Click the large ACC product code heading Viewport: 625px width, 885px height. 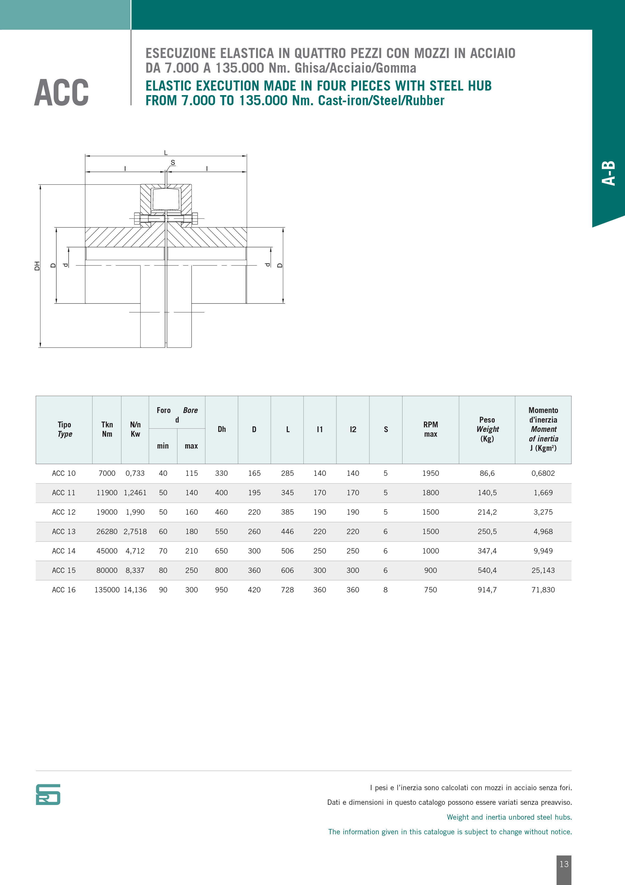point(61,93)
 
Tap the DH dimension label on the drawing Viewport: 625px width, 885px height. point(37,266)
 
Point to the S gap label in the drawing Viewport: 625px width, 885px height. point(173,163)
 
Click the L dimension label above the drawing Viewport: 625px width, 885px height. point(166,153)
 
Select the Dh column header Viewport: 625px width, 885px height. point(222,429)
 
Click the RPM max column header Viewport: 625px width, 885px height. point(430,429)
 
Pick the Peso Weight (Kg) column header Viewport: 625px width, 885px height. point(487,429)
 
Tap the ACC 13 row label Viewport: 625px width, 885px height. point(64,532)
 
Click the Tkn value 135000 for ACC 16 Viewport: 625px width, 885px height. point(107,590)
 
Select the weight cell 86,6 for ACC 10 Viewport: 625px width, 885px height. point(487,473)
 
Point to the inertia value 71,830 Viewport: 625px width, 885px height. point(543,590)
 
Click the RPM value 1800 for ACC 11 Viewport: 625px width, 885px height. point(430,493)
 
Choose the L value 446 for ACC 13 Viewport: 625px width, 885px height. point(287,532)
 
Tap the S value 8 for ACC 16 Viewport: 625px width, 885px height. point(386,590)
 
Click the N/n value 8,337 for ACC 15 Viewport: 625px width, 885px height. point(135,570)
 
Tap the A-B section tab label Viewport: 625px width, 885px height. point(609,174)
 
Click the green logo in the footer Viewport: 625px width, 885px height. point(48,794)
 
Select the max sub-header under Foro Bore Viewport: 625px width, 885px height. point(191,446)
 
